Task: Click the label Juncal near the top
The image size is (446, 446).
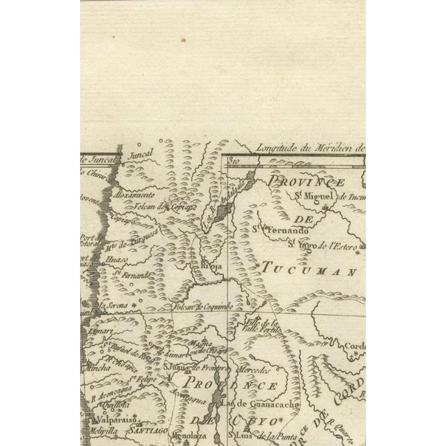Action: [141, 156]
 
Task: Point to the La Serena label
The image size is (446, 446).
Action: [114, 305]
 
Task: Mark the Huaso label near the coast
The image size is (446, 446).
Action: [116, 259]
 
